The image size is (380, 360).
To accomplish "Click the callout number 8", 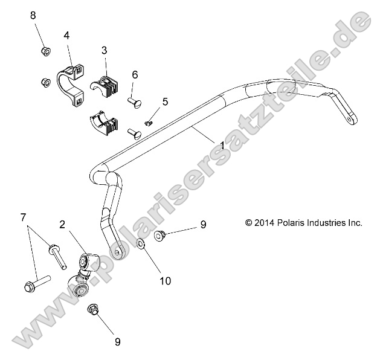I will point(33,15).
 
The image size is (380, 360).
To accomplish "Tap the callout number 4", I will point(66,36).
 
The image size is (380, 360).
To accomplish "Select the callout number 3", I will point(105,51).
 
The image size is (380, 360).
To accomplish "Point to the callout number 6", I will point(135,74).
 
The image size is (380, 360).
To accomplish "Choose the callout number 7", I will point(24,216).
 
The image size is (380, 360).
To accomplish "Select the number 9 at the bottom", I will point(117,342).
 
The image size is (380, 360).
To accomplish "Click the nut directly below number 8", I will point(45,51).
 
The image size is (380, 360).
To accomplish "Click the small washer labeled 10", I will point(140,244).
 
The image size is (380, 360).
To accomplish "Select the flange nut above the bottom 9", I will point(93,310).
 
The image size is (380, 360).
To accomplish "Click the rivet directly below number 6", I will point(134,99).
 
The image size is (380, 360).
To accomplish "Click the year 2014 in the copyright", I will point(264,223).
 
